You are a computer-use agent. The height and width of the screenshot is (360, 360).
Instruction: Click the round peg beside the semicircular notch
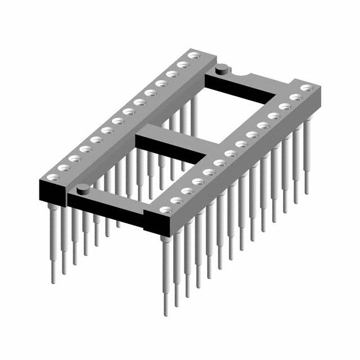(x=222, y=69)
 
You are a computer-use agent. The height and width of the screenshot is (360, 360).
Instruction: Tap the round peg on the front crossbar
(x=82, y=188)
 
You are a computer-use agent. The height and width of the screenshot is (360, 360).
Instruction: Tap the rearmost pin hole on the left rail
(x=195, y=55)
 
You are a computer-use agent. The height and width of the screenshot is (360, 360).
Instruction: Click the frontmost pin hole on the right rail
(x=164, y=210)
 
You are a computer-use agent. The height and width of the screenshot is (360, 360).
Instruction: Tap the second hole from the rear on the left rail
(x=182, y=64)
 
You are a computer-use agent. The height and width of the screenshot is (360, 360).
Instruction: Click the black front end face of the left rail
(x=52, y=192)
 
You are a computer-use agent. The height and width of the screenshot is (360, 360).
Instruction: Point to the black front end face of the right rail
(x=159, y=226)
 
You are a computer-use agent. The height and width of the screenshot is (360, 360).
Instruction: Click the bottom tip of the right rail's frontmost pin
(x=166, y=313)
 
